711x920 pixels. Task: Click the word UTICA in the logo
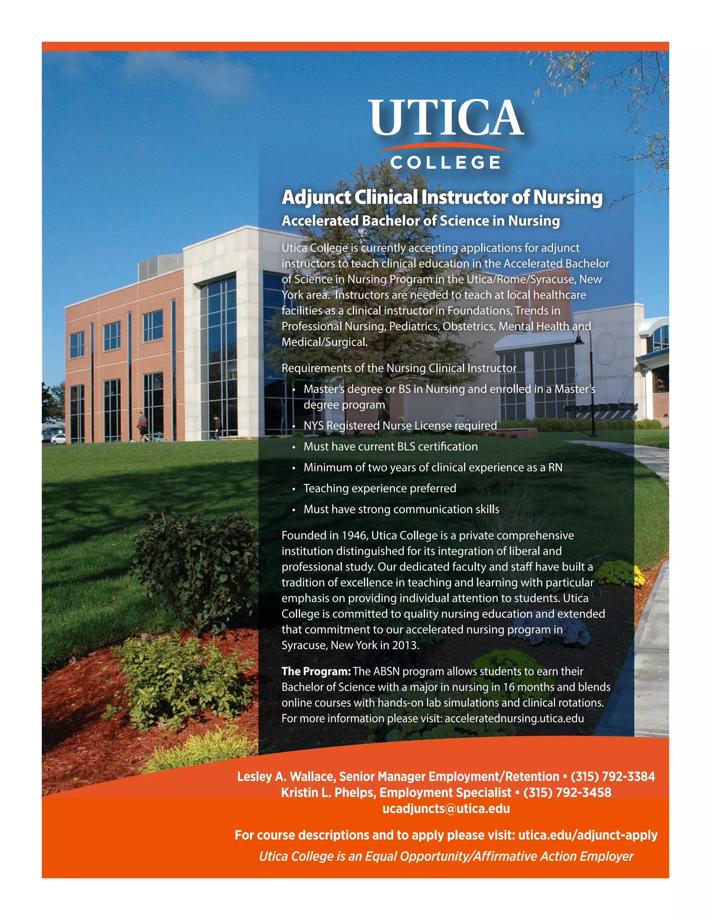pos(446,118)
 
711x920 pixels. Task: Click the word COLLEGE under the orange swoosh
pos(446,162)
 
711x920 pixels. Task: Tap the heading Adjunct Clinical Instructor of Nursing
pos(442,197)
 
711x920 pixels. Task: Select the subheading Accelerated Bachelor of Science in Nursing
pos(420,221)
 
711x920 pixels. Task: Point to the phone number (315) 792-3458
pos(567,792)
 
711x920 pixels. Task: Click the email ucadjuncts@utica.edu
pos(446,808)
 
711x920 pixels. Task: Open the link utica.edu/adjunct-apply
pos(588,835)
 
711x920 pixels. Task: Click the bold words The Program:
pos(316,671)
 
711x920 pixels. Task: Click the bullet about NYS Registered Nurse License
pos(400,426)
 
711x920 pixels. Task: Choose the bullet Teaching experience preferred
pos(379,488)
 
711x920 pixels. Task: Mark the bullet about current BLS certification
pos(391,446)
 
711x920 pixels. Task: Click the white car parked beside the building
pos(58,438)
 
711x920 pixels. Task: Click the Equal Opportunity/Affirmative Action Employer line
pos(446,856)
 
